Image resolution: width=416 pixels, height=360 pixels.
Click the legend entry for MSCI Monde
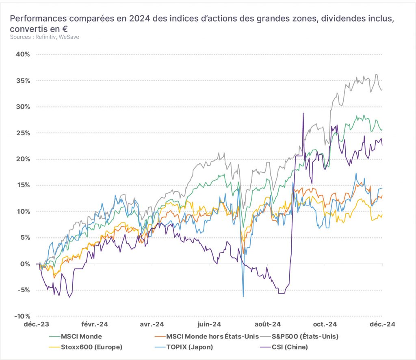75,336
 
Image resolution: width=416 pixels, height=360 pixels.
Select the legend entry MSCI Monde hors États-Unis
206,336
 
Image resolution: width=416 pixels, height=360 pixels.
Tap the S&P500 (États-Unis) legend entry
299,336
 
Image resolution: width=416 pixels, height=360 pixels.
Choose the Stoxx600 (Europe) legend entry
85,347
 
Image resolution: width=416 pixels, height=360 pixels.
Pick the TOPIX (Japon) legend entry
184,347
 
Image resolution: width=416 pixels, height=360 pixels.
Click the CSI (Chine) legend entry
283,347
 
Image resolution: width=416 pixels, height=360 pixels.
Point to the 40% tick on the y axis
23,54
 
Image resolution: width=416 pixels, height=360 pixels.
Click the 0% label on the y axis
25,264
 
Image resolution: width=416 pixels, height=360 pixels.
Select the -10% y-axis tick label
22,316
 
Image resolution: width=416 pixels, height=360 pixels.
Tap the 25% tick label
23,133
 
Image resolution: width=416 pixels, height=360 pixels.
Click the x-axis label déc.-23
37,324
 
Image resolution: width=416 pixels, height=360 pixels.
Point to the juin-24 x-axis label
209,324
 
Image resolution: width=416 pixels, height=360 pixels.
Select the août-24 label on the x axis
267,324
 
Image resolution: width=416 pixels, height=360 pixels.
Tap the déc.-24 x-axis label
382,324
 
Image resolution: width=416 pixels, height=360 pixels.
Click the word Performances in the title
38,19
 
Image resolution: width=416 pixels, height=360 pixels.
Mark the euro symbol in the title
65,29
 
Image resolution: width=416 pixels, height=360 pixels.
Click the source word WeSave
69,37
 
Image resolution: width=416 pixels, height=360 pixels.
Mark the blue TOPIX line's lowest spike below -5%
243,296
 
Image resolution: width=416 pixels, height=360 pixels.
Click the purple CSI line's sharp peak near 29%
303,113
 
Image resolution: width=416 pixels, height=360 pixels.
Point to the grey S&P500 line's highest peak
376,74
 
